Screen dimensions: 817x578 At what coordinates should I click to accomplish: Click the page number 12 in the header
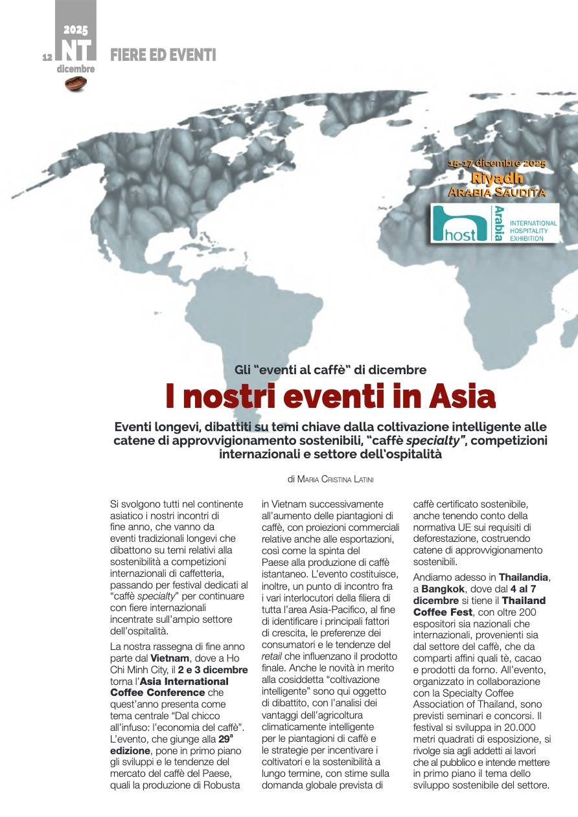(x=47, y=57)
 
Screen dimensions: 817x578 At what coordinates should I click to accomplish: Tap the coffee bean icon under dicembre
(x=76, y=82)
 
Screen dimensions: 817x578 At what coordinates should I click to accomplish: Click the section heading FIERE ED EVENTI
(x=163, y=55)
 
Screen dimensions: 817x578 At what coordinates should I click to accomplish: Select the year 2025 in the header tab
(x=76, y=30)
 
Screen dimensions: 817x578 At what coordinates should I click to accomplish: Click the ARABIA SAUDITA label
(x=497, y=192)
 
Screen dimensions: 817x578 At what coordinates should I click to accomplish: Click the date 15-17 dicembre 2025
(x=497, y=164)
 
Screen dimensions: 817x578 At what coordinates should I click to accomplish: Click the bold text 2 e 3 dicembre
(x=213, y=669)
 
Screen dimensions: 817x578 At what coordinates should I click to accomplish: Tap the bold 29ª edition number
(x=224, y=739)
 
